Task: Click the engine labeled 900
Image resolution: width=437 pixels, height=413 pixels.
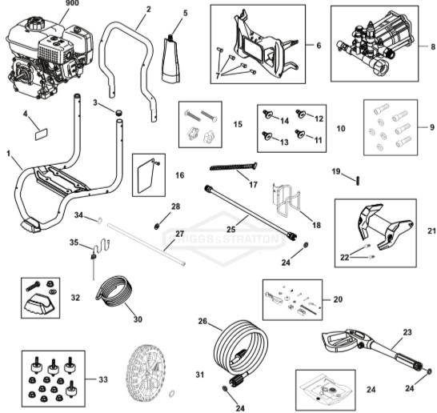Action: pos(44,56)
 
